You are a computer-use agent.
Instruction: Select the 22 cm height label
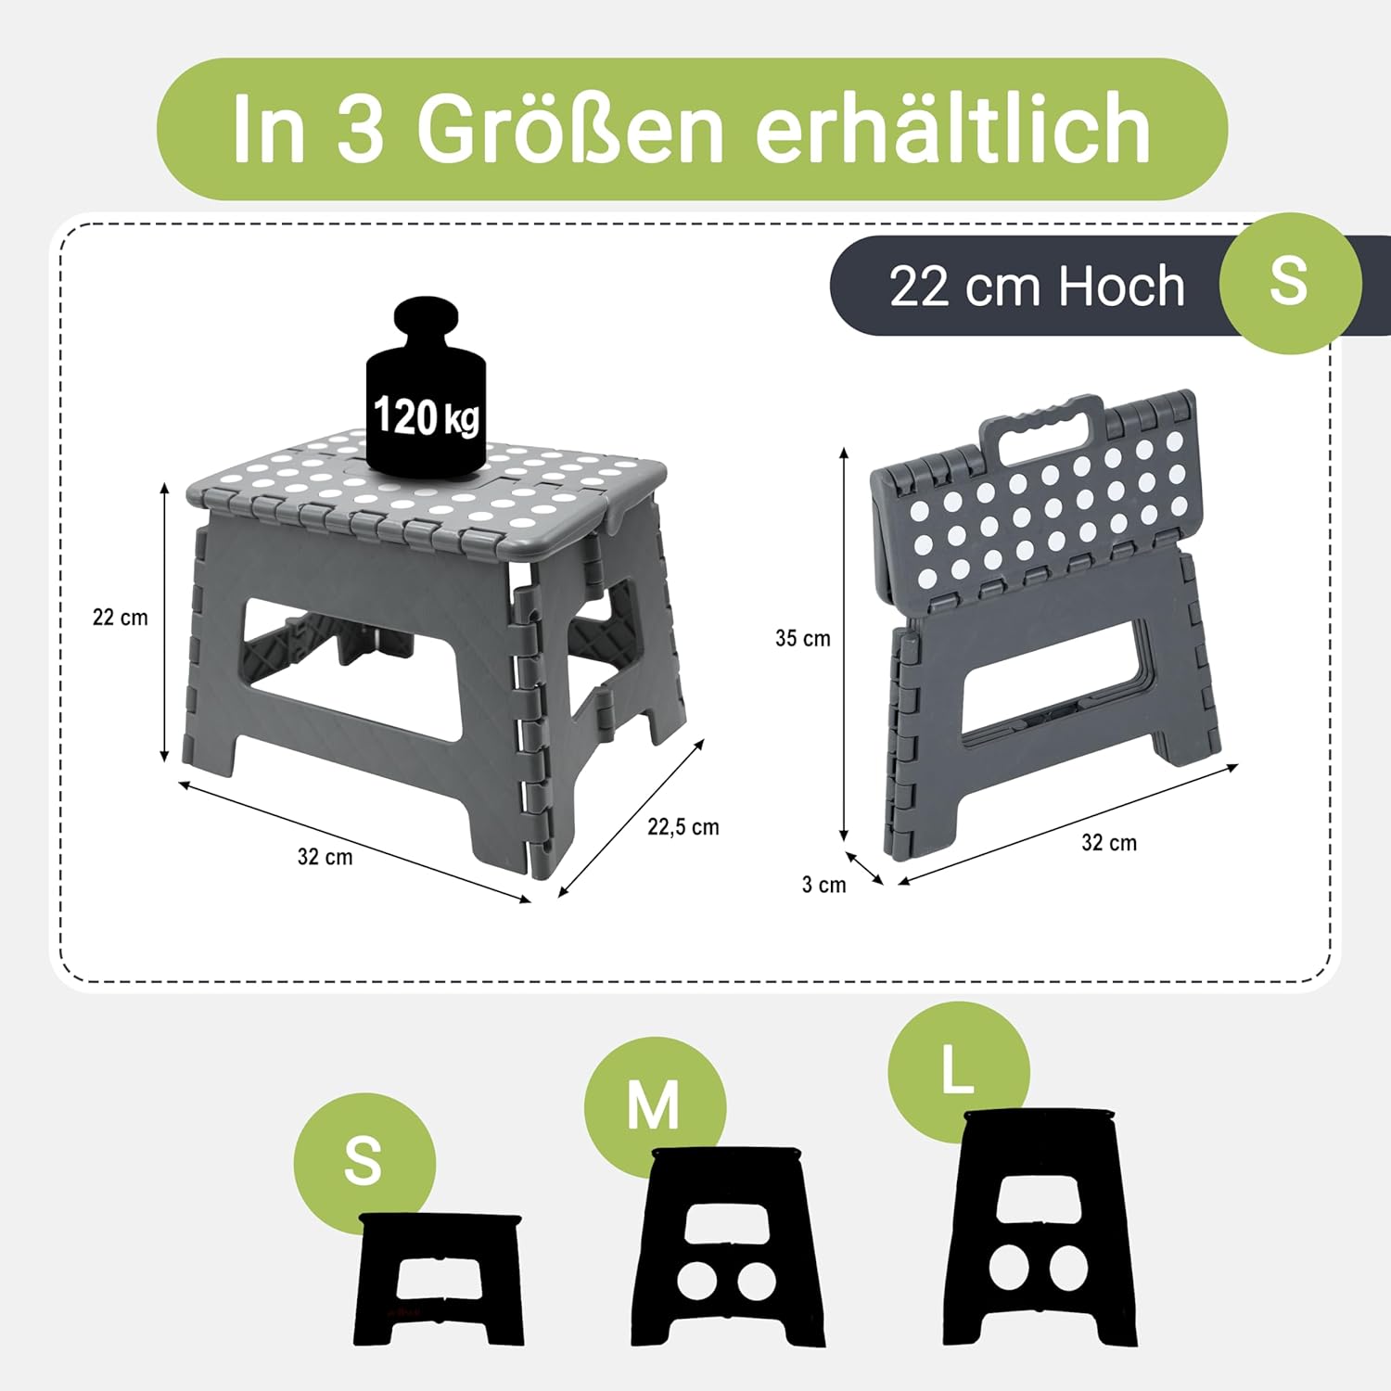(x=121, y=618)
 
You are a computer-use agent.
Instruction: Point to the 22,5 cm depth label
(x=683, y=827)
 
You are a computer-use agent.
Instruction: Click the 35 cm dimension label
(x=803, y=638)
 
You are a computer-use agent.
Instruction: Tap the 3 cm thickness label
(x=824, y=885)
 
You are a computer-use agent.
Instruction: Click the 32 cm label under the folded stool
(x=1109, y=843)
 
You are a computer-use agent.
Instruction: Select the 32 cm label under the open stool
(x=325, y=857)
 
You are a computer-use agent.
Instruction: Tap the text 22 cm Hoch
(x=1037, y=286)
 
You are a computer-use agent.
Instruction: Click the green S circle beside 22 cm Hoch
(x=1289, y=282)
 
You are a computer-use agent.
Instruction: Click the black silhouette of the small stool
(x=438, y=1280)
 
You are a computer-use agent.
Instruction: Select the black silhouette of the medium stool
(x=727, y=1248)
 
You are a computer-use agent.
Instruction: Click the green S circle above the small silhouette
(x=364, y=1161)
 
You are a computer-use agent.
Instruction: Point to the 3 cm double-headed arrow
(x=864, y=869)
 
